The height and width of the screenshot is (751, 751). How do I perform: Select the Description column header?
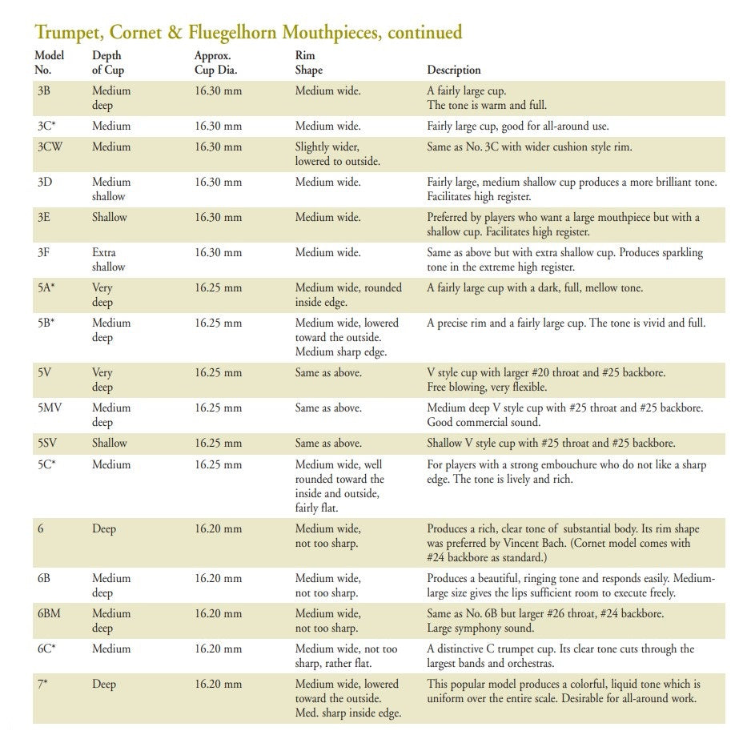[454, 70]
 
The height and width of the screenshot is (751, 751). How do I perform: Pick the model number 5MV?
[50, 408]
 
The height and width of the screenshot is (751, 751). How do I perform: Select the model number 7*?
[42, 685]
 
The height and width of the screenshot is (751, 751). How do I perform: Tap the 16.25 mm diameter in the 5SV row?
[218, 444]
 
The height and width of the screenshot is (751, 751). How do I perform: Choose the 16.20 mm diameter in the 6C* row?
[218, 649]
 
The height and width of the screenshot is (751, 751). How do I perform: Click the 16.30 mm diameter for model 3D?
[218, 183]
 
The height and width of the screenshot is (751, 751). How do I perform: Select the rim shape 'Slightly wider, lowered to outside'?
[337, 155]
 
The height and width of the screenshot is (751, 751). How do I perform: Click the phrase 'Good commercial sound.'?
[484, 423]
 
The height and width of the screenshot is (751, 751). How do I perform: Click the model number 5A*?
[46, 288]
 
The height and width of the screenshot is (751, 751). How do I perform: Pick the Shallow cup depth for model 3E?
[110, 218]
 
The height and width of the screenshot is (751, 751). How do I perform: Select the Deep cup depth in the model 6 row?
[104, 529]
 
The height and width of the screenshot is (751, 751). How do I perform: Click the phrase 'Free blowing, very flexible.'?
[487, 388]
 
